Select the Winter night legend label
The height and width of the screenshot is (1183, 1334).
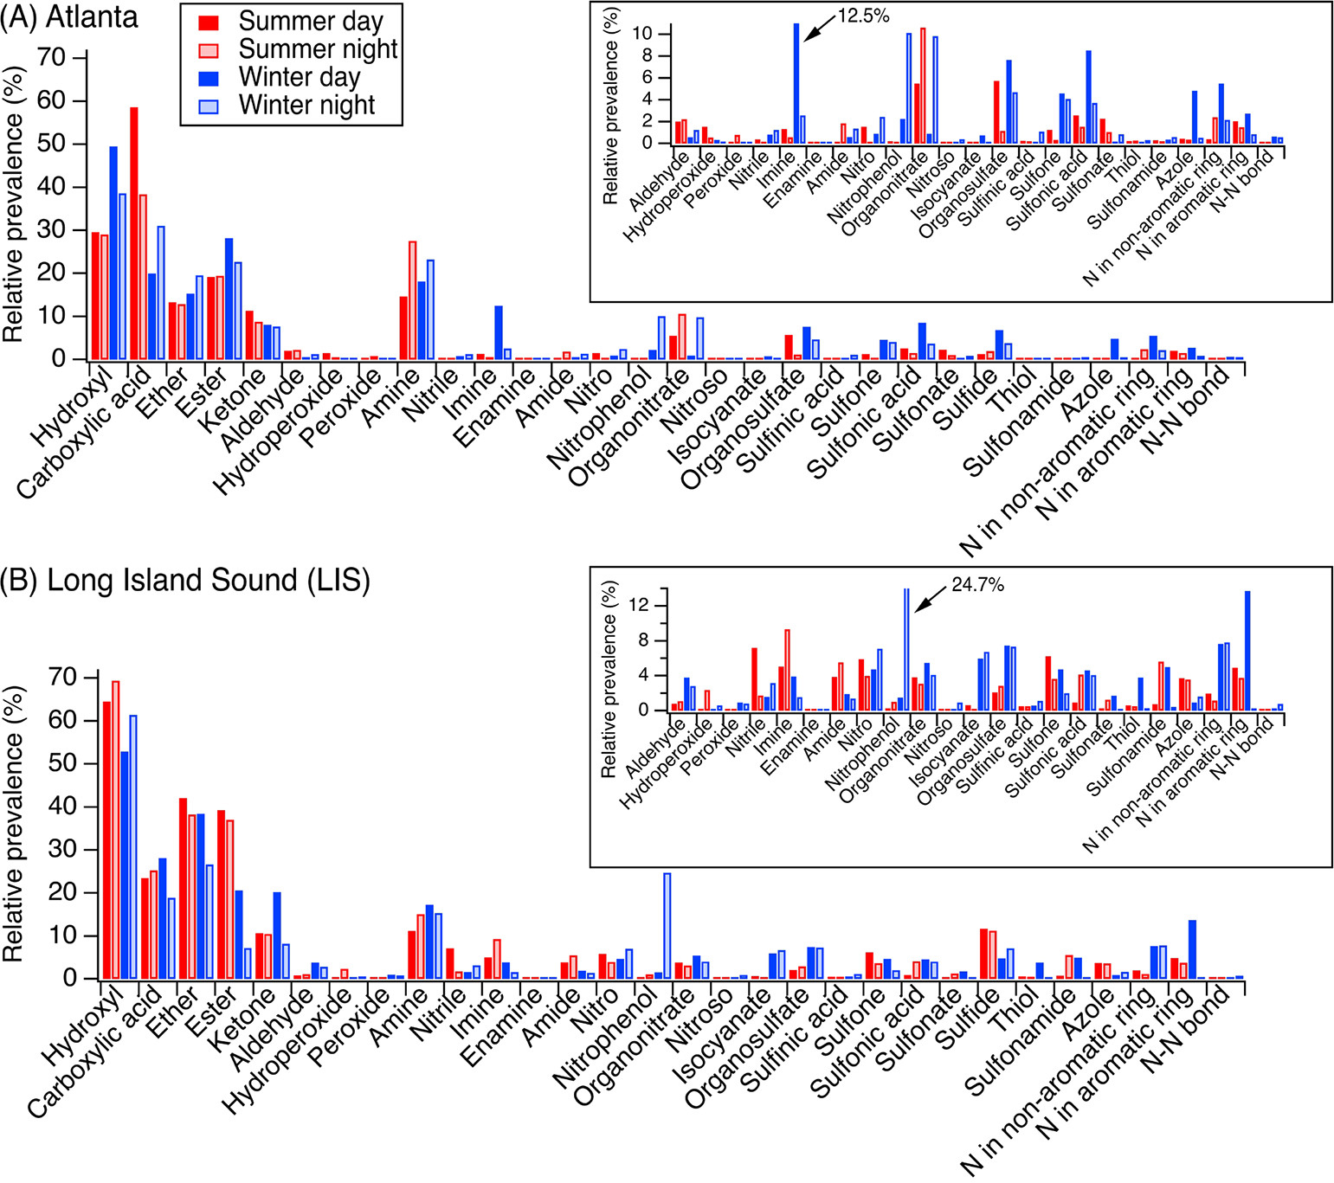pos(306,106)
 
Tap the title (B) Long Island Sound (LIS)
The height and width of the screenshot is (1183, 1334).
pos(186,580)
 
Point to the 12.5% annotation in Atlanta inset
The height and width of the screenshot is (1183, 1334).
pos(863,16)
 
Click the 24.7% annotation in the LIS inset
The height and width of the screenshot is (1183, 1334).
pos(977,586)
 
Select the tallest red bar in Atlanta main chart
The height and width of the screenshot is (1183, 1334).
pos(134,233)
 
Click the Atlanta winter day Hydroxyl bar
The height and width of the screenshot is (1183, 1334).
pos(113,252)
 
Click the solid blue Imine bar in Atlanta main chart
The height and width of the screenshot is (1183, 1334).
pos(499,332)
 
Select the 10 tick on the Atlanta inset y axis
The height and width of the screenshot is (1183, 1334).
pos(641,34)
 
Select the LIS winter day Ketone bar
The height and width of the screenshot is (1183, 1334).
pos(277,935)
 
